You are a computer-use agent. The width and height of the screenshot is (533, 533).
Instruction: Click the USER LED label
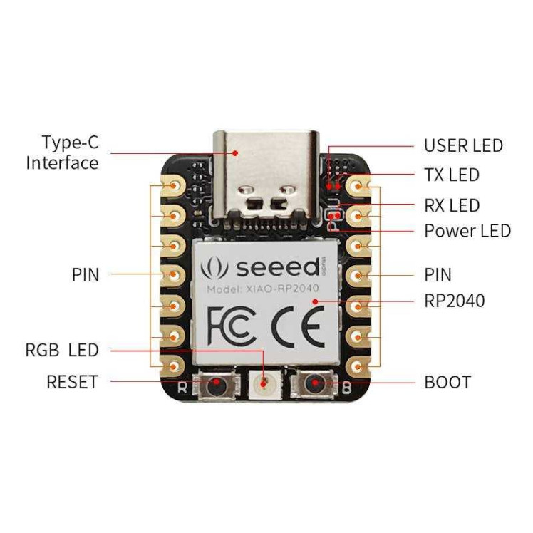click(463, 146)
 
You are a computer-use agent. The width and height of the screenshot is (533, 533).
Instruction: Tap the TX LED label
click(452, 175)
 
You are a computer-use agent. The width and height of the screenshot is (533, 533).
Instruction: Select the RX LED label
click(452, 206)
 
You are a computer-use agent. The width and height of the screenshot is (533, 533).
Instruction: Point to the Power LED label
click(467, 231)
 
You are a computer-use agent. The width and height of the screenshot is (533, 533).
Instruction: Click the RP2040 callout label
click(454, 301)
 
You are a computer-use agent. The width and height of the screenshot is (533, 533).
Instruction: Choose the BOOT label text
click(447, 382)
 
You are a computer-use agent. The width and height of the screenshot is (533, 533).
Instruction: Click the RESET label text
click(72, 382)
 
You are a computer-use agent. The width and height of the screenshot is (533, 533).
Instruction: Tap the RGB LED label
click(62, 350)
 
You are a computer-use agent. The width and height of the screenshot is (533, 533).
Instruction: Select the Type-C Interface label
click(63, 152)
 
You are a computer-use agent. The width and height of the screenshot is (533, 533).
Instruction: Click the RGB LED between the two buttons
click(266, 384)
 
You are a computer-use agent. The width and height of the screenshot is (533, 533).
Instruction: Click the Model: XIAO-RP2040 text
click(262, 289)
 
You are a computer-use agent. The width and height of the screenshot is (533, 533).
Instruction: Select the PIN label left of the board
click(86, 274)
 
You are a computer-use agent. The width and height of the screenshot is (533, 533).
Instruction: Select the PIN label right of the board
click(438, 274)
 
